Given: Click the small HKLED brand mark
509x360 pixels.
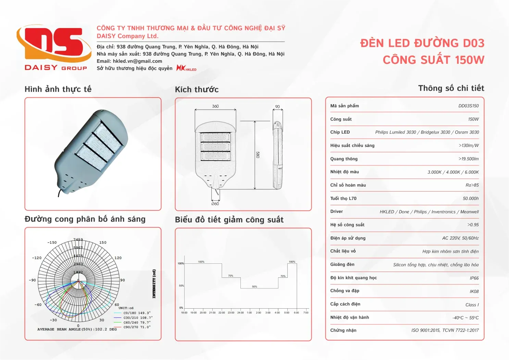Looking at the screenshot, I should point(186,68).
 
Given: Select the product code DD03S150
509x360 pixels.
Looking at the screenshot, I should point(468,106).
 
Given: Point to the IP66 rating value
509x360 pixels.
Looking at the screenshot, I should point(474,278).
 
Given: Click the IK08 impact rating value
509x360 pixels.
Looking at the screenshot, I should point(474,291).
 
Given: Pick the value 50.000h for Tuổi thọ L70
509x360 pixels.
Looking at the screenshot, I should point(471,199).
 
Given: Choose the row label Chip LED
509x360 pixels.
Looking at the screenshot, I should point(340,132).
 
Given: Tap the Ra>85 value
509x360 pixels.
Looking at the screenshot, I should point(472,185).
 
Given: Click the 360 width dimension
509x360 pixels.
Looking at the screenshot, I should point(215,106).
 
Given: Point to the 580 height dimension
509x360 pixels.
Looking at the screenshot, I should point(258,154).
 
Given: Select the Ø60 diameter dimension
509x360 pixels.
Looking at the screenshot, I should point(215,204).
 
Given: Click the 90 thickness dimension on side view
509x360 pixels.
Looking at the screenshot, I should point(277,107).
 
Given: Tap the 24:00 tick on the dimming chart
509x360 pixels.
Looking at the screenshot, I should point(240,312).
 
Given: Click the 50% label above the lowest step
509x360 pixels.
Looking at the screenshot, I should point(255,286).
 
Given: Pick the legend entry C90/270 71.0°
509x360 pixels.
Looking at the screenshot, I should point(137,327).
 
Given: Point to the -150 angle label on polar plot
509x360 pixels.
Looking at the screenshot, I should point(52,243).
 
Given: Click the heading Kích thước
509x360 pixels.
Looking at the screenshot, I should point(197,90).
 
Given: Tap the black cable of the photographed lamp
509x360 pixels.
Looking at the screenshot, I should point(60,193).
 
